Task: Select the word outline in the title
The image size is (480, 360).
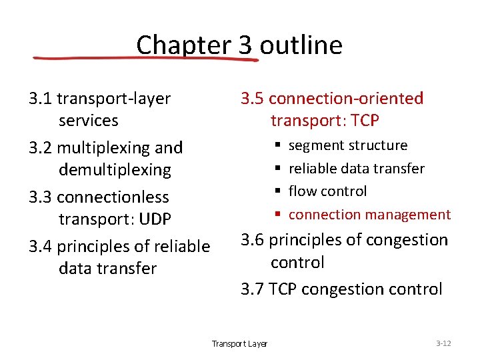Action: [x=301, y=45]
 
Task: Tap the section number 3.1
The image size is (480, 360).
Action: [x=41, y=99]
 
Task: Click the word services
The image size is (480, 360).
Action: [x=88, y=121]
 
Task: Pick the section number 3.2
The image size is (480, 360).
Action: [x=41, y=147]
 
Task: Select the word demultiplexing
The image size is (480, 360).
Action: [x=115, y=170]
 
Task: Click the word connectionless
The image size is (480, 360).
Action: [x=113, y=197]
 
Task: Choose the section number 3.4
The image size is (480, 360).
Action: [x=41, y=247]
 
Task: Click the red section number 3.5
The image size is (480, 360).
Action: [x=253, y=99]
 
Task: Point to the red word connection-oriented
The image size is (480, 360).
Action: [x=346, y=99]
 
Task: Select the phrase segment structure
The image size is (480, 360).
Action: [x=347, y=145]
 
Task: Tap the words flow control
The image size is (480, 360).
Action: [x=327, y=191]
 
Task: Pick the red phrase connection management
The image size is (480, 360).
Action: [x=369, y=215]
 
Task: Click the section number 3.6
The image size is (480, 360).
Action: [x=253, y=240]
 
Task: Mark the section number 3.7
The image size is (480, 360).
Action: [x=253, y=289]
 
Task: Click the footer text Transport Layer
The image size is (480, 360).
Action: [x=239, y=344]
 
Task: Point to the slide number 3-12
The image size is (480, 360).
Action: [x=443, y=343]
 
